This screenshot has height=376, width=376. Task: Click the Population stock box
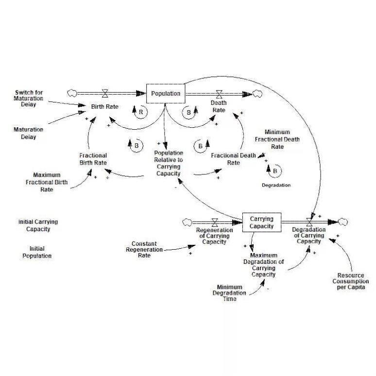tap(166, 93)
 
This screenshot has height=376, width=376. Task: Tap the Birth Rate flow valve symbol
tap(105, 93)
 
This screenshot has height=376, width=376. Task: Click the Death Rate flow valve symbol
tap(220, 93)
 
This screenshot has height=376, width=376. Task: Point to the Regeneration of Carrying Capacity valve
tap(214, 222)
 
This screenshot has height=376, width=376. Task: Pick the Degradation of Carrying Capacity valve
tap(309, 222)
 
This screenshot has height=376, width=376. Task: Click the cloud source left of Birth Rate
tap(72, 93)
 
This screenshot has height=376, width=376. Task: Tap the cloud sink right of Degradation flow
tap(343, 222)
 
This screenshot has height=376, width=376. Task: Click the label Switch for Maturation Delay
tap(29, 97)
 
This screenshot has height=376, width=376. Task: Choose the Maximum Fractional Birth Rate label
tap(47, 182)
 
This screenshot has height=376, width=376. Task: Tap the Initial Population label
tap(37, 252)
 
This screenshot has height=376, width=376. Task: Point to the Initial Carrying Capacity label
tap(38, 225)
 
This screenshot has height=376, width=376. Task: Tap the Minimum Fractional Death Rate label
tap(277, 139)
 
